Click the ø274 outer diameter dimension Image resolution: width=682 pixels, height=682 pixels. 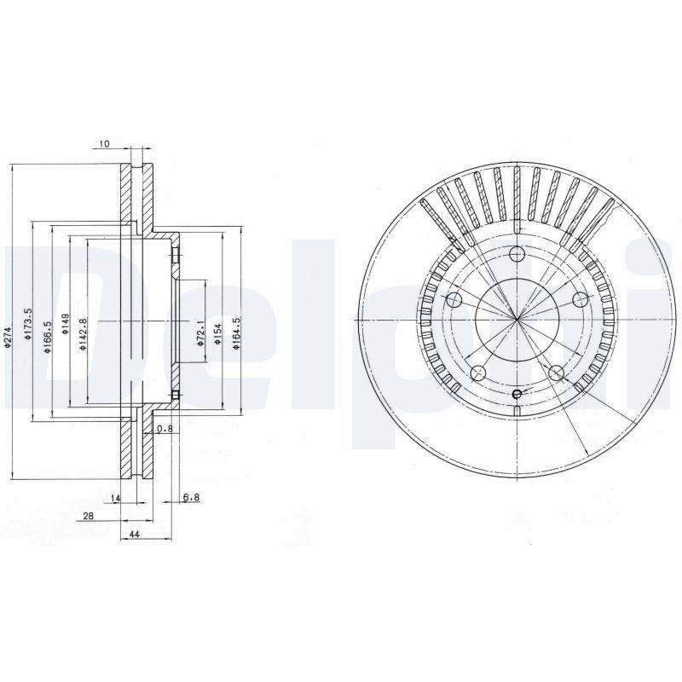point(8,339)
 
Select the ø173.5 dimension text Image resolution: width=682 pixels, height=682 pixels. point(28,324)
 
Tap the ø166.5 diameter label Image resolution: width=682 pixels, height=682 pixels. point(48,329)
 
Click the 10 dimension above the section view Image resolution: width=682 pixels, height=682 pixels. point(104,144)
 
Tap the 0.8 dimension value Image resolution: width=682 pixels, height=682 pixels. point(165,429)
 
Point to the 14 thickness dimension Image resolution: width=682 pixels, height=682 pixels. point(117,497)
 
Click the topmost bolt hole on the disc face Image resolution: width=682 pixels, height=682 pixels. point(517,253)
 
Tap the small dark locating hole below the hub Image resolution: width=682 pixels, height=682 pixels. point(517,393)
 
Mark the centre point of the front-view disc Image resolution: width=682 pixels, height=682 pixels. point(517,320)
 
